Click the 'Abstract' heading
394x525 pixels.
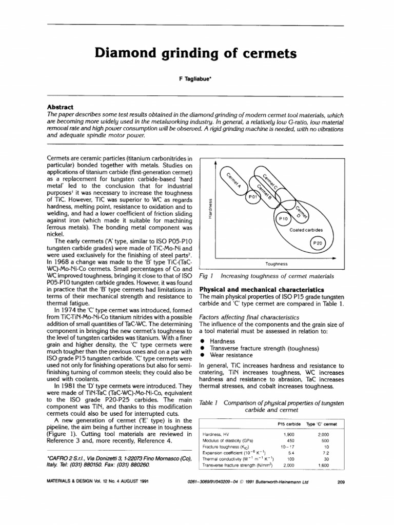pos(61,105)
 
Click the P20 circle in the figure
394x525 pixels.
pos(319,244)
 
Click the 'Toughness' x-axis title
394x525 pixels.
pos(276,264)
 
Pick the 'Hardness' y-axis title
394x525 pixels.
pos(209,209)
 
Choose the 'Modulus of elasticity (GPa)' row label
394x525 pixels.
pos(229,440)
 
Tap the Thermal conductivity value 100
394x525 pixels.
pos(289,459)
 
